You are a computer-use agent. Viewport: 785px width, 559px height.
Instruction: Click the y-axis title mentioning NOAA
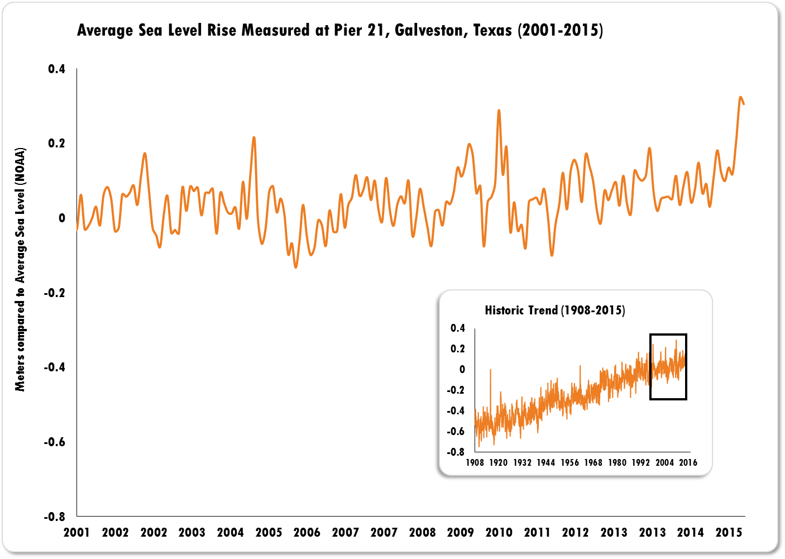(20, 270)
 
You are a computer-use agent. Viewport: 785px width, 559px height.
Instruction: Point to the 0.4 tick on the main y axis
(56, 69)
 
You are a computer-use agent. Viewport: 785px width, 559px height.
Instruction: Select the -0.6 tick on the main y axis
(54, 442)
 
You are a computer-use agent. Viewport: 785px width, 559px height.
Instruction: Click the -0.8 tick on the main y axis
(54, 517)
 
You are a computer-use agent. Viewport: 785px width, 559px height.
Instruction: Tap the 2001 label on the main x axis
(76, 532)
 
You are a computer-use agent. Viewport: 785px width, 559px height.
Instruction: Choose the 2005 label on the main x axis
(269, 532)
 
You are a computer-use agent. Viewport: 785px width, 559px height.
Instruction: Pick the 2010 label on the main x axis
(499, 532)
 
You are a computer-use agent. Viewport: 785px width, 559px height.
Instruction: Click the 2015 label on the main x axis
(729, 532)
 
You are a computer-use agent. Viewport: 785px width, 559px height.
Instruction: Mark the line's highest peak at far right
(740, 98)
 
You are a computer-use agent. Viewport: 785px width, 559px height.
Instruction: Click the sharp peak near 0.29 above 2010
(499, 111)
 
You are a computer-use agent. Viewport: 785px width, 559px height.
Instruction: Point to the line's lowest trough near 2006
(296, 267)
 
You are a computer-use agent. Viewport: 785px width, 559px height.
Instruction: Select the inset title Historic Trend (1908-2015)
(554, 310)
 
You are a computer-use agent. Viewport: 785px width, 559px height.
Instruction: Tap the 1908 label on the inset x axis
(475, 462)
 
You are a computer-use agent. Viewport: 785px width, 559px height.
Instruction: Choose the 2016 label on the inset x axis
(688, 462)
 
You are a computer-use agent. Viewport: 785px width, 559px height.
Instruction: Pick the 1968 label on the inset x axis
(593, 462)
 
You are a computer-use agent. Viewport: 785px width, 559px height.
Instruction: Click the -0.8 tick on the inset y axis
(456, 452)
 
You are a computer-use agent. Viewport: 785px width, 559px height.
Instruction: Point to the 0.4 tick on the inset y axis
(458, 328)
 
